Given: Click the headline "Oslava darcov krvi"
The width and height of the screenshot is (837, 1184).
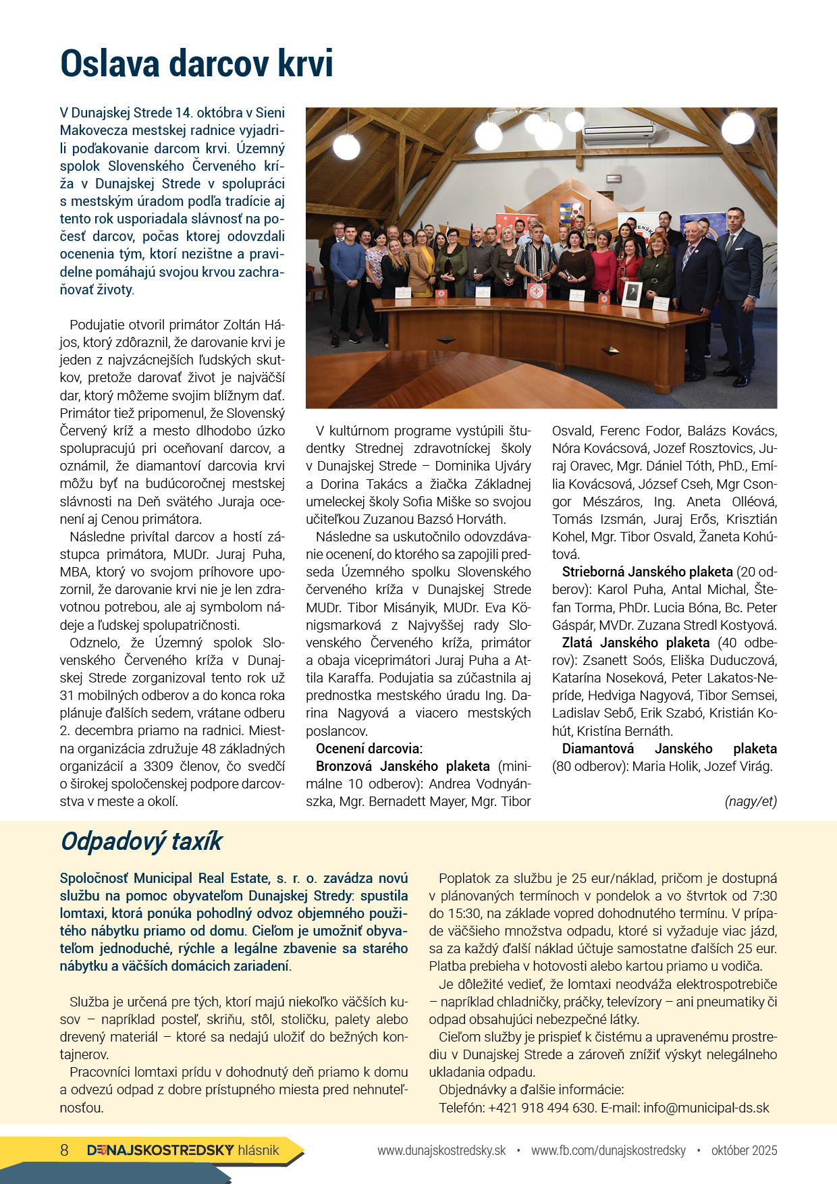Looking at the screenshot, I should click(196, 64).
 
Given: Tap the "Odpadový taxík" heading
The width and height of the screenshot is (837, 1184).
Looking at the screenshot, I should click(142, 841).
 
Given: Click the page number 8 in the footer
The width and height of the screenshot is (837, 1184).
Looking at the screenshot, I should click(64, 1150).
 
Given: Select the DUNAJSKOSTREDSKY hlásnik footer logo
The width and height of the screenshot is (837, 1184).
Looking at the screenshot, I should click(183, 1150).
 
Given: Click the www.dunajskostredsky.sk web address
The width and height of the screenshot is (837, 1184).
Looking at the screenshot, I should click(441, 1150).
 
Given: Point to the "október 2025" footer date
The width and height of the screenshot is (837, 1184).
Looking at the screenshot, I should click(744, 1150).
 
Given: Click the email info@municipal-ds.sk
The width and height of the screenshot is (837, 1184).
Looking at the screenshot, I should click(706, 1108).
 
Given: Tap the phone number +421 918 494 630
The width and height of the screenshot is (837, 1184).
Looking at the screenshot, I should click(542, 1108).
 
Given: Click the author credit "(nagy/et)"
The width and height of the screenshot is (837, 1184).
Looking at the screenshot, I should click(751, 801).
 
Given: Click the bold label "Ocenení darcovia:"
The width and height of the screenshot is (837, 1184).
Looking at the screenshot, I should click(369, 749).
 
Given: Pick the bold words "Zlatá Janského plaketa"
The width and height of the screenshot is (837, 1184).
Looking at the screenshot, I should click(636, 643).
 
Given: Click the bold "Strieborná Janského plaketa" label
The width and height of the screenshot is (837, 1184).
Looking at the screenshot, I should click(647, 572).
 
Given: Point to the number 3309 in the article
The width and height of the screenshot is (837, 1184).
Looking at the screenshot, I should click(163, 766).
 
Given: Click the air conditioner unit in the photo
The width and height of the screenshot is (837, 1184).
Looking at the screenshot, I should click(618, 133).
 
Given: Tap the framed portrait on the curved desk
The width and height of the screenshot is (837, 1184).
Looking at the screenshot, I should click(631, 294).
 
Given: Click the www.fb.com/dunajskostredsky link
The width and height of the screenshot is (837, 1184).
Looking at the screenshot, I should click(608, 1150).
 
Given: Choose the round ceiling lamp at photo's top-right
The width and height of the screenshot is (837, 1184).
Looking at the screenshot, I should click(738, 127).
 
